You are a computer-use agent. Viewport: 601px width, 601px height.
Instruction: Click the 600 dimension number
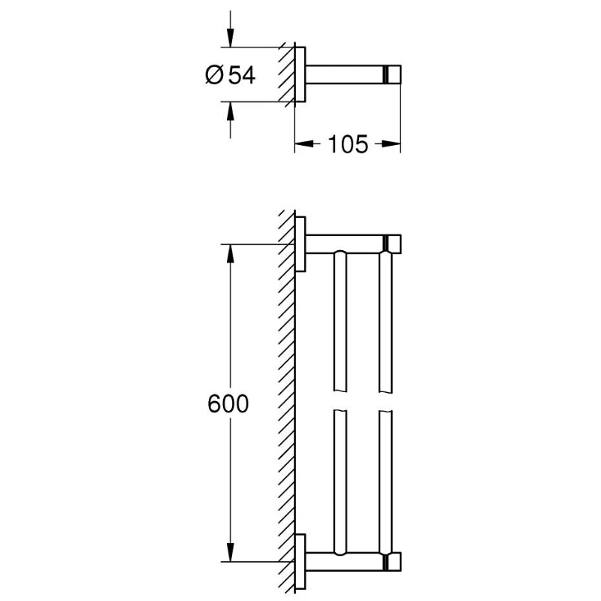pos(228,403)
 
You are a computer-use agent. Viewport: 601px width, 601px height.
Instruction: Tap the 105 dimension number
pos(348,144)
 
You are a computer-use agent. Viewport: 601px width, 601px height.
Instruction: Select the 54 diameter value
pos(241,74)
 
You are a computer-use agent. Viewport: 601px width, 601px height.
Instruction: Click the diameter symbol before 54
pos(214,74)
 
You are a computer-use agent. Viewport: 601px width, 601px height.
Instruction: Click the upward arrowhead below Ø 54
pos(230,111)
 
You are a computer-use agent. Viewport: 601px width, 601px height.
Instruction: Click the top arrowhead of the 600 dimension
pos(230,254)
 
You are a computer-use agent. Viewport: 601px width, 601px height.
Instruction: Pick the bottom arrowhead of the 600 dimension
pos(230,552)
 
